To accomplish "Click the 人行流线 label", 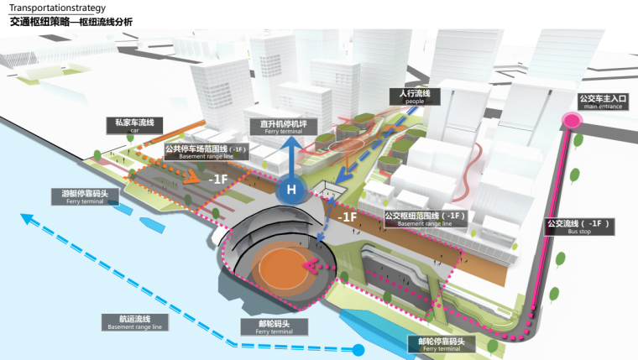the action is [410, 95].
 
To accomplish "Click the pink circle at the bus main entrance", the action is [573, 120].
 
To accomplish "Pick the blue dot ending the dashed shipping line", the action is [358, 349].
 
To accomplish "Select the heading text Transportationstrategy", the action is [51, 7].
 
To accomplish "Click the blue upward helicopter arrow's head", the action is [290, 143].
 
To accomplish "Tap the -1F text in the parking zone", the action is [217, 178].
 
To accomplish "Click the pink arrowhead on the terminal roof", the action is [309, 267].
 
